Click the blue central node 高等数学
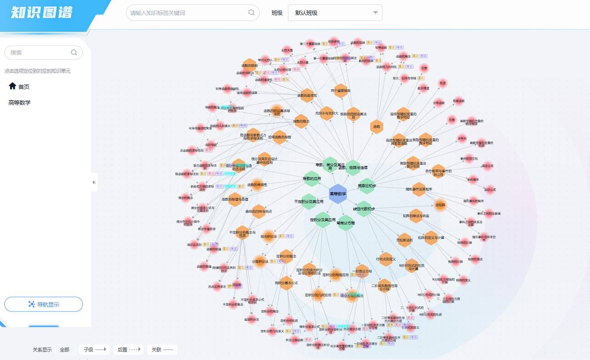click(338, 194)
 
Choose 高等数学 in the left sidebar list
click(19, 103)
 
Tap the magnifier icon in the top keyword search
click(251, 13)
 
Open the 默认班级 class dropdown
click(335, 13)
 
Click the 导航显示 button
click(44, 304)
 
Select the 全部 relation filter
click(65, 349)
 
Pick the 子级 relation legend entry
click(94, 349)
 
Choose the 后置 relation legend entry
click(128, 349)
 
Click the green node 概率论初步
click(367, 186)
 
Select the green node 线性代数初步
click(364, 208)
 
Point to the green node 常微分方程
click(346, 223)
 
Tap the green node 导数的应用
click(312, 179)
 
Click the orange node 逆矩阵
click(440, 205)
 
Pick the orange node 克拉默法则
click(404, 240)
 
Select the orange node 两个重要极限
click(340, 91)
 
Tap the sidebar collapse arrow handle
click(94, 182)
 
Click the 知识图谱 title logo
click(42, 13)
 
